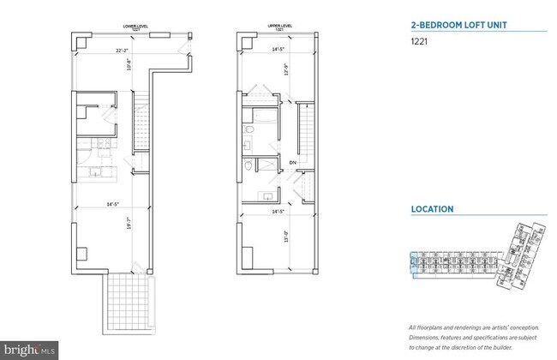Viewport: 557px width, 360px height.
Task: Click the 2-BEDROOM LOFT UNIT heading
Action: point(456,26)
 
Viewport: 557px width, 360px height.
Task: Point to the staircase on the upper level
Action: point(304,129)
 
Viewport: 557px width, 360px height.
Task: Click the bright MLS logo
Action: point(29,349)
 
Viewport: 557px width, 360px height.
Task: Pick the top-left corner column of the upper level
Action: point(245,40)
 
